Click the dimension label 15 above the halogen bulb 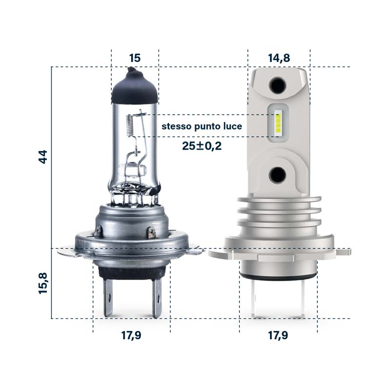135,58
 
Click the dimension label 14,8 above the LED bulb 279,58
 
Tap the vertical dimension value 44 43,157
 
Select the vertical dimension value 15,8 43,284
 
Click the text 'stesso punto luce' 202,127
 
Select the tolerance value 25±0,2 202,146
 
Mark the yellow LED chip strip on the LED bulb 278,124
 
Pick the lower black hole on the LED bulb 278,174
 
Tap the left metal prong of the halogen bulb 110,297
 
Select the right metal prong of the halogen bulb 156,297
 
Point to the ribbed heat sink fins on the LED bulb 278,214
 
